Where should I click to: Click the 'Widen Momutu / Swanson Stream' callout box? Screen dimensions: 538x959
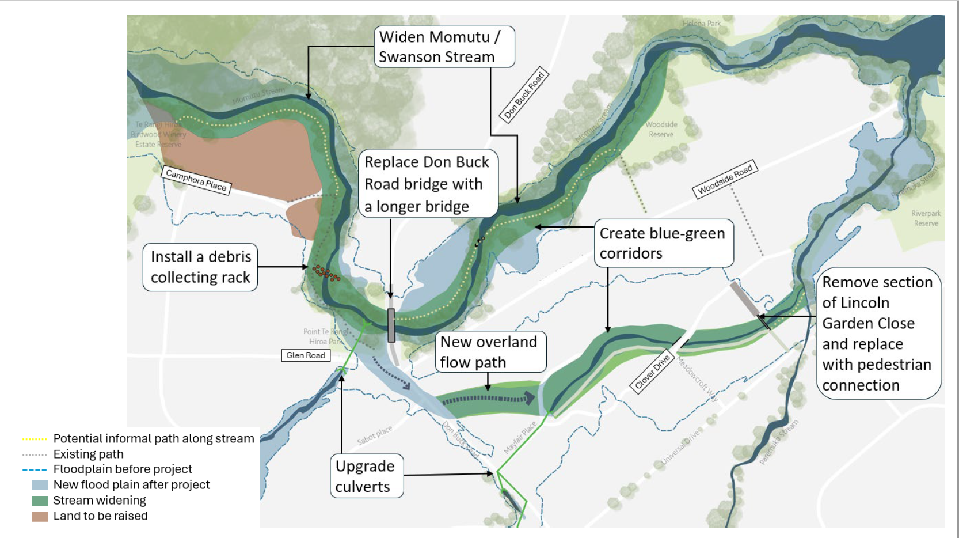(x=444, y=47)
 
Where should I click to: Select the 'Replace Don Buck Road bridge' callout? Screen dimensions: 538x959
(x=428, y=184)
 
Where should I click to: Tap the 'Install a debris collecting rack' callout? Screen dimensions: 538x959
(x=200, y=267)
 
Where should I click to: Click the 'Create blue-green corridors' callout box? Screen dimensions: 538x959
(x=663, y=243)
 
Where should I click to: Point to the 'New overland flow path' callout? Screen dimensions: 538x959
(x=490, y=352)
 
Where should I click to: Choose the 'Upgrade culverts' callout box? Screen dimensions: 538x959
(x=366, y=476)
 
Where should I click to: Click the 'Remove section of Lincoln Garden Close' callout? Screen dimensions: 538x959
(x=878, y=334)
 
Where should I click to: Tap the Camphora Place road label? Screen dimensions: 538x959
(x=196, y=180)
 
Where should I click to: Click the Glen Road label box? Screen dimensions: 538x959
(x=306, y=355)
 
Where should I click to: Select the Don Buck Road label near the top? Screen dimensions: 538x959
(x=523, y=96)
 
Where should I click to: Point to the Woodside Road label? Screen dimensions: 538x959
(x=725, y=179)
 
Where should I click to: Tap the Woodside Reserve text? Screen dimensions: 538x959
(x=661, y=129)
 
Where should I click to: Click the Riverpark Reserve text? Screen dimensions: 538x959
(x=926, y=218)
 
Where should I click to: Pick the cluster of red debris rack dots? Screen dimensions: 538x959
(x=326, y=272)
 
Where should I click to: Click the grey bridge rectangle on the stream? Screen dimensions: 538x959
(x=391, y=325)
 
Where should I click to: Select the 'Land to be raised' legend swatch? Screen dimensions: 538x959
(x=40, y=516)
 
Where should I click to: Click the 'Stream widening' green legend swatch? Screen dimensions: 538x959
(x=40, y=501)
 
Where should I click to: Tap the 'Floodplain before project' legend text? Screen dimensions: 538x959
(x=123, y=469)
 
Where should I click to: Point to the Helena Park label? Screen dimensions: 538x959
(x=702, y=24)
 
